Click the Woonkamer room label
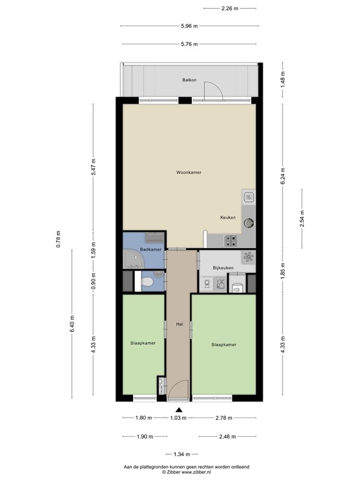(189, 172)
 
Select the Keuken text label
(227, 217)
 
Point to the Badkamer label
(151, 249)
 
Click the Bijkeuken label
(223, 267)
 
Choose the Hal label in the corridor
(180, 324)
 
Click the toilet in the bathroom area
(147, 283)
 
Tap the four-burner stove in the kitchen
(228, 239)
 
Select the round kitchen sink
(249, 221)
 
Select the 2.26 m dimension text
(230, 9)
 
